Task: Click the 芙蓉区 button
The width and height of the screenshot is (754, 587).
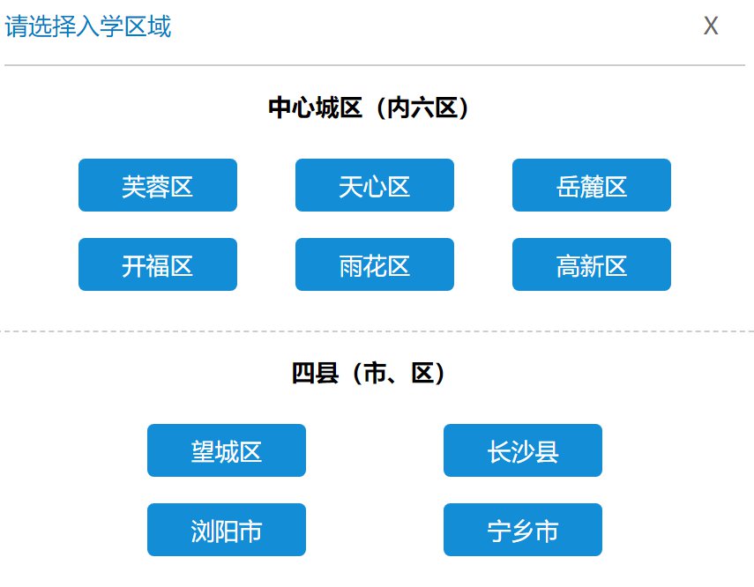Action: (x=158, y=185)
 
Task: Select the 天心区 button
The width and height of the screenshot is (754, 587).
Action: (x=375, y=185)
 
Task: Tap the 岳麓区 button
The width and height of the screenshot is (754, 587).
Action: (x=592, y=185)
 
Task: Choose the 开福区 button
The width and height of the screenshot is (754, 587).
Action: (x=158, y=264)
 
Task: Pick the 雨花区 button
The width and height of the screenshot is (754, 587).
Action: (x=375, y=264)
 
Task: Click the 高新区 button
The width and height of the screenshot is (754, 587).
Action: (x=592, y=264)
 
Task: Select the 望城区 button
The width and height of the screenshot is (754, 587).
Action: (x=227, y=450)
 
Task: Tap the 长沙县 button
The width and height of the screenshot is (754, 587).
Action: (x=523, y=450)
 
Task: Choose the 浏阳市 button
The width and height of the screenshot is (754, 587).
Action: (x=227, y=530)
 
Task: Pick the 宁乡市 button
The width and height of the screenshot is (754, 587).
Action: (x=523, y=530)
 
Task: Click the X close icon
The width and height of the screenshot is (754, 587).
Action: (x=711, y=26)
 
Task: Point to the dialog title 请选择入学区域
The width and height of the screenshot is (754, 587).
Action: (x=88, y=26)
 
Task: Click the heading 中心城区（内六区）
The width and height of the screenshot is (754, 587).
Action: (x=369, y=108)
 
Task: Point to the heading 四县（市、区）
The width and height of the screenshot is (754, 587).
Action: (x=369, y=373)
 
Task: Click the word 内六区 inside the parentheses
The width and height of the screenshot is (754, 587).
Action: (x=422, y=108)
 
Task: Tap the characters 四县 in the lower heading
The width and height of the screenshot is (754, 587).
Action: (x=315, y=373)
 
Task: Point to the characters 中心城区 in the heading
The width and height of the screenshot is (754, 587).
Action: (x=315, y=108)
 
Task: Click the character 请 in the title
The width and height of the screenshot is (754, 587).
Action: (x=17, y=26)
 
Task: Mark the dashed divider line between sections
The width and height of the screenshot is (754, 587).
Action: (x=377, y=331)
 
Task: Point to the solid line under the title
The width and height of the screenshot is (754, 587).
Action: (x=375, y=65)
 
